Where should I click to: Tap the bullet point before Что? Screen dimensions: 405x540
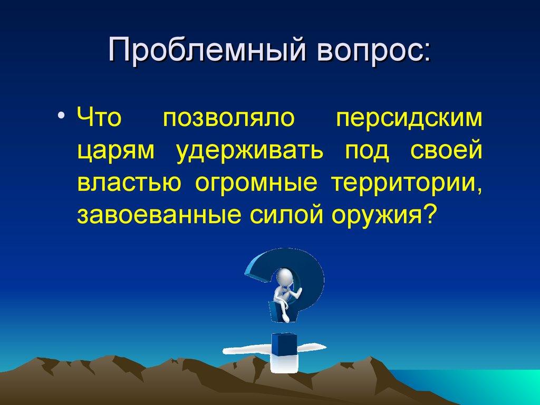click(x=62, y=117)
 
